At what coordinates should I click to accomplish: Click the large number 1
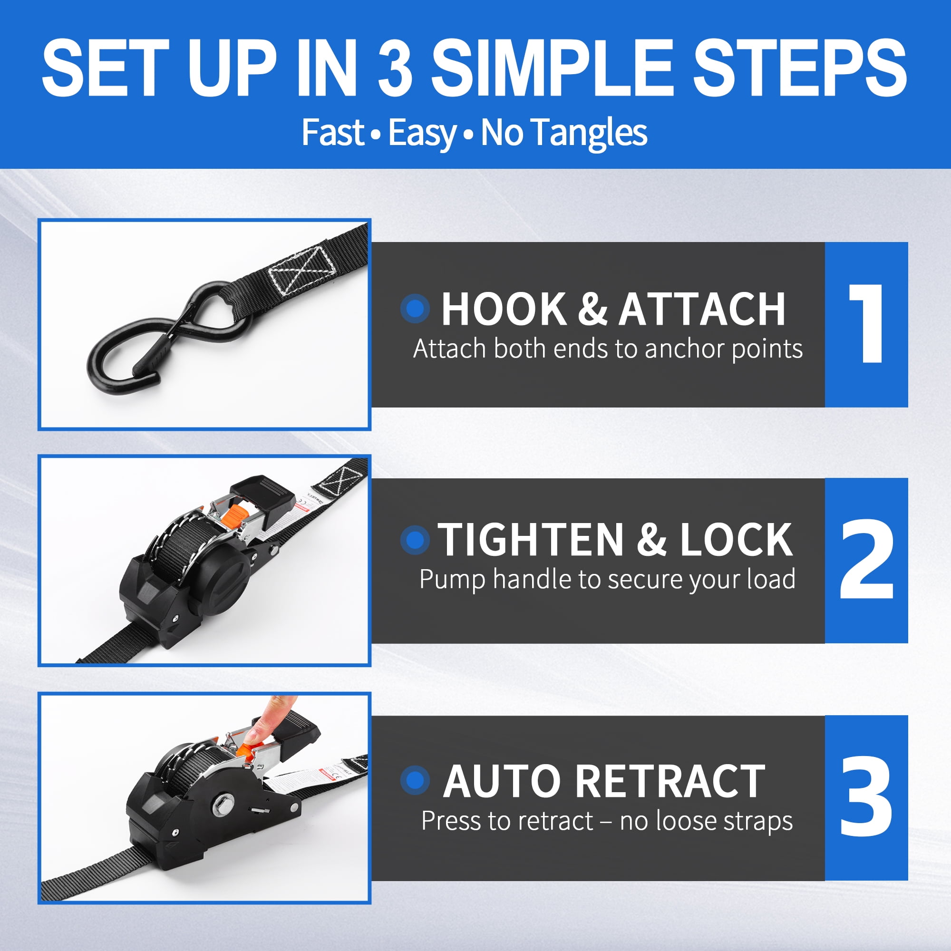point(867,324)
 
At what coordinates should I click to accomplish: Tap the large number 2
point(866,559)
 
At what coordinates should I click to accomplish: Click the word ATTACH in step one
point(702,309)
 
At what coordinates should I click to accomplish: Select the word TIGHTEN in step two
point(531,540)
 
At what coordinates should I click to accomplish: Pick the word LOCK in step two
point(737,540)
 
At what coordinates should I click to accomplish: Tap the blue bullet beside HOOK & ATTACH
point(415,309)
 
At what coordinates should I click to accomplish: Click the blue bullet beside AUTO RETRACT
point(415,780)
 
